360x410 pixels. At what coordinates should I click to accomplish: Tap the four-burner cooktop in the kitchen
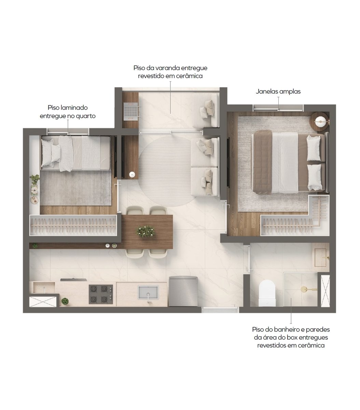(101, 294)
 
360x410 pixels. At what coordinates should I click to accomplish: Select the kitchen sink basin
(148, 292)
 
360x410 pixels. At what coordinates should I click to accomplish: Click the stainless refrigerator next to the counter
(183, 291)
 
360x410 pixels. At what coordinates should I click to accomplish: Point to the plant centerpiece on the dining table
(146, 231)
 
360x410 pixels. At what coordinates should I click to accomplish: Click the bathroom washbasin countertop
(320, 257)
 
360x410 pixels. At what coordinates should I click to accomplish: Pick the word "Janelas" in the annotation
(266, 92)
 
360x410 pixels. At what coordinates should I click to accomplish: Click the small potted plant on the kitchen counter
(65, 301)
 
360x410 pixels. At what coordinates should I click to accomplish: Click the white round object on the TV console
(132, 175)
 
